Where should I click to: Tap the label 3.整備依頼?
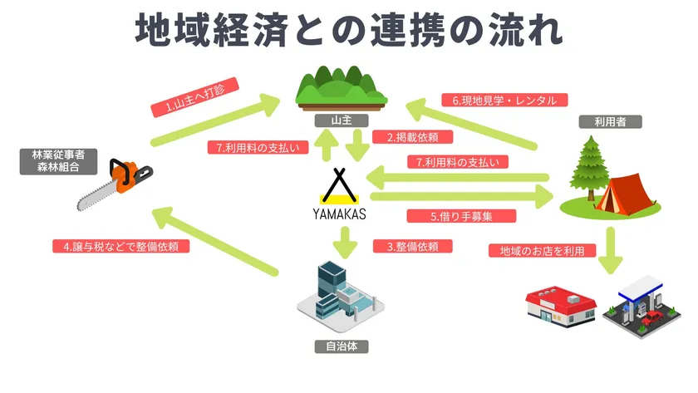coord(412,246)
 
